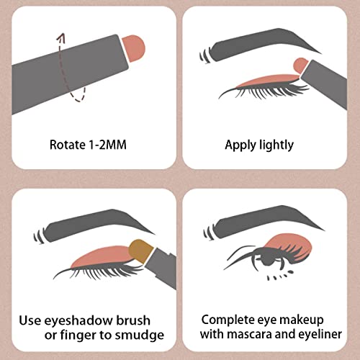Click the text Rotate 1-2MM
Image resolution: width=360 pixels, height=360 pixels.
click(91, 144)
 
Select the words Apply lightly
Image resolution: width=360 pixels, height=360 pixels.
click(259, 145)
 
